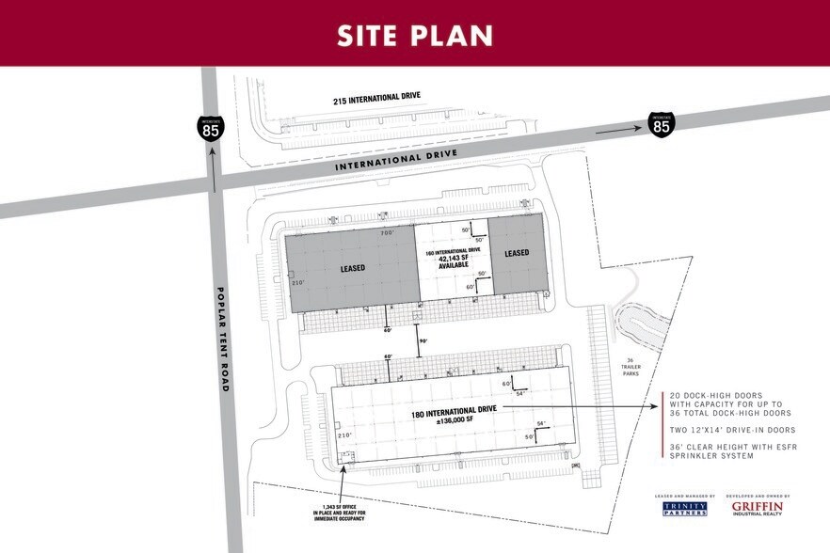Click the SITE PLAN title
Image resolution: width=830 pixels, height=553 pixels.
click(415, 35)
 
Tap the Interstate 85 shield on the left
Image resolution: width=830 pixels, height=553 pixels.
click(211, 127)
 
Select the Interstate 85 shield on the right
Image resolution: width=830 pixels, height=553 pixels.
click(662, 123)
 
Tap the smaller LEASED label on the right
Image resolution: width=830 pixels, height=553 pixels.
click(517, 253)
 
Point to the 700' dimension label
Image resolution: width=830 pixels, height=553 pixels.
click(386, 232)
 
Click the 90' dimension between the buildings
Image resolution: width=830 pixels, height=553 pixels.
click(423, 340)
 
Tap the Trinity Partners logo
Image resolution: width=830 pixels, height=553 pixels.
click(685, 509)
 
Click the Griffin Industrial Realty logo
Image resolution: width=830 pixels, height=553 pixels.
click(758, 509)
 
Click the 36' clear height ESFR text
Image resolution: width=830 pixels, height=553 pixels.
click(732, 450)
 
